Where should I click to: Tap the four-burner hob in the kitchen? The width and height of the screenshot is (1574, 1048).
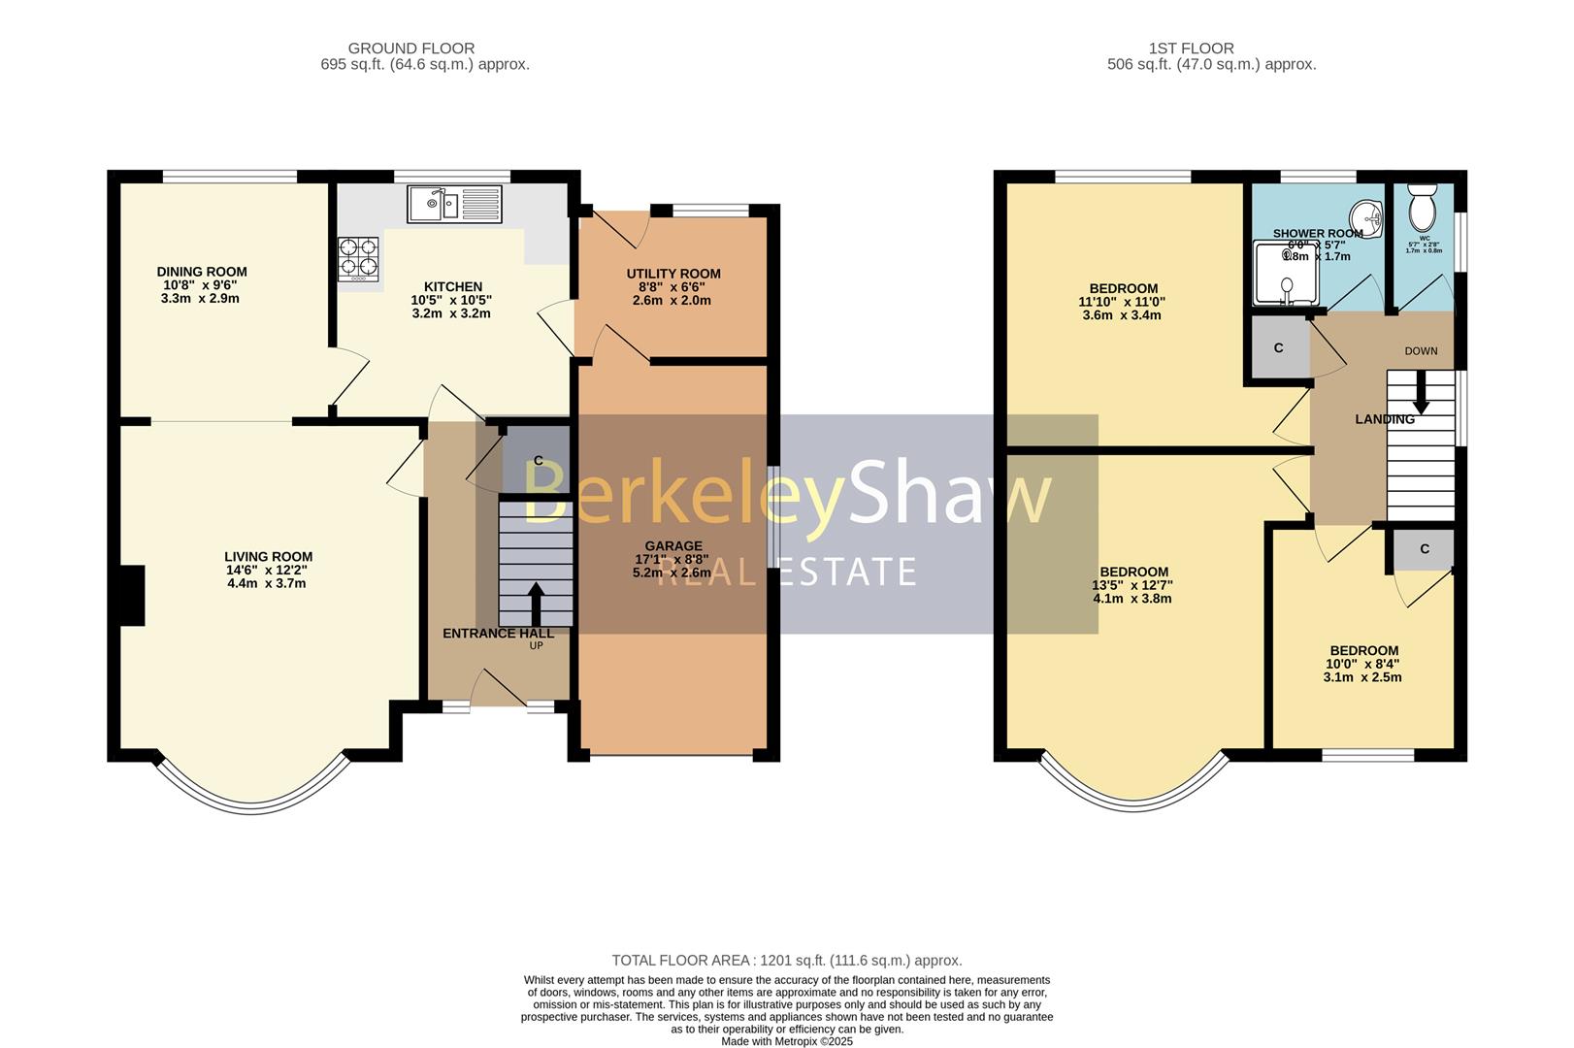tap(357, 258)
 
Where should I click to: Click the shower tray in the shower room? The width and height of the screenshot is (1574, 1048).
tap(1286, 274)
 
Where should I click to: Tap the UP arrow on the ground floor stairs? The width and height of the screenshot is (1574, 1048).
tap(535, 603)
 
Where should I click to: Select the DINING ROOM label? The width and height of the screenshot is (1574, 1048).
tap(202, 272)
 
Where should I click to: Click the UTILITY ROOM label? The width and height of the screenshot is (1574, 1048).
tap(673, 274)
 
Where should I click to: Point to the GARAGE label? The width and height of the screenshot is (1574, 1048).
tap(672, 546)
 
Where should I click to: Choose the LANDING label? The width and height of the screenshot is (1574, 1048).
tap(1385, 419)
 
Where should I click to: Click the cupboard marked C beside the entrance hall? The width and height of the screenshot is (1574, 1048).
tap(537, 460)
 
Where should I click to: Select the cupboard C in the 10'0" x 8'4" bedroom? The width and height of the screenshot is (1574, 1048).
tap(1424, 549)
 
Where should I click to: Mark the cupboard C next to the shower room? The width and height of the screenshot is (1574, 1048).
tap(1278, 347)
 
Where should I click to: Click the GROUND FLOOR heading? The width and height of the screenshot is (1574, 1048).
tap(410, 48)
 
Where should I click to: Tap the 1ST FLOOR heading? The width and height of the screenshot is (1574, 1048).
tap(1191, 48)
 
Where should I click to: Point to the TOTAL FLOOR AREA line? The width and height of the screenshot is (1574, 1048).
tap(786, 961)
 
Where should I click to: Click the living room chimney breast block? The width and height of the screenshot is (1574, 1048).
tap(131, 595)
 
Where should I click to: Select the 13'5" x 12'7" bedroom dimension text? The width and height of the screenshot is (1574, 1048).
tap(1132, 585)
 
